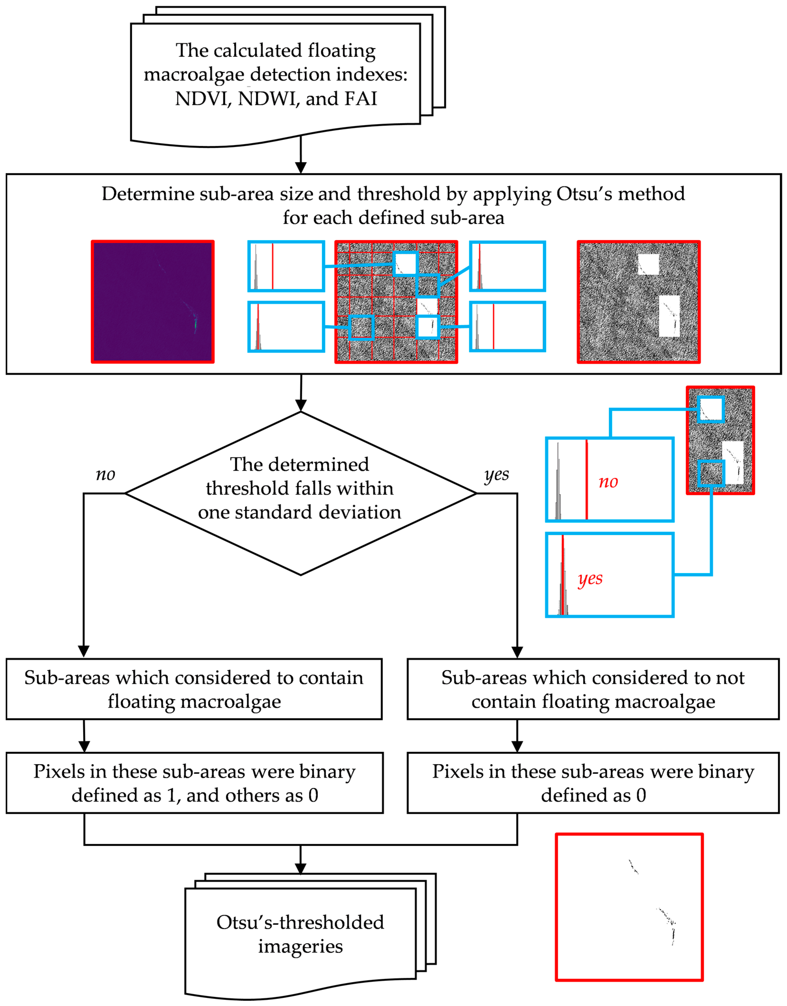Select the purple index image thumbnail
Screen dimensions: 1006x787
[152, 302]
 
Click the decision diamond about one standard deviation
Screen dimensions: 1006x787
[300, 493]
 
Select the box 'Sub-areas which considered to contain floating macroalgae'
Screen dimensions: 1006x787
[194, 689]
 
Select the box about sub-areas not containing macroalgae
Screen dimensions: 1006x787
[593, 689]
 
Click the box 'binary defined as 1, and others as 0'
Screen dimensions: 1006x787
[194, 783]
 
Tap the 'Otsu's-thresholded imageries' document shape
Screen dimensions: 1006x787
[300, 935]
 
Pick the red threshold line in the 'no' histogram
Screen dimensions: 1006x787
[587, 479]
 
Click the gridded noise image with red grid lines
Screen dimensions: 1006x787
[396, 302]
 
